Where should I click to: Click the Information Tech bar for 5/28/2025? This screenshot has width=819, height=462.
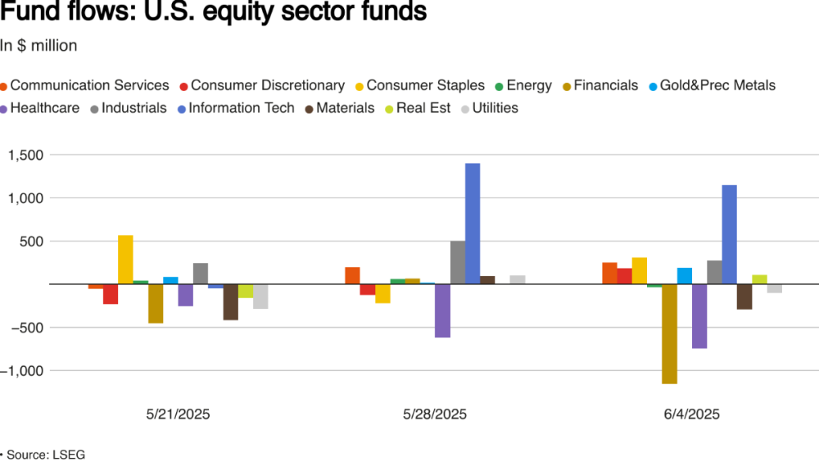pyautogui.click(x=473, y=224)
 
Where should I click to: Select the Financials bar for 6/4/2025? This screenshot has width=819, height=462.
pyautogui.click(x=669, y=333)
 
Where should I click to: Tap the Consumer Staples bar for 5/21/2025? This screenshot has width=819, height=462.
pyautogui.click(x=125, y=260)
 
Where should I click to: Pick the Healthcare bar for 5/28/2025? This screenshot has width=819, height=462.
pyautogui.click(x=442, y=310)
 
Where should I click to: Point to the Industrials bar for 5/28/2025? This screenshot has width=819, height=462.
pyautogui.click(x=458, y=262)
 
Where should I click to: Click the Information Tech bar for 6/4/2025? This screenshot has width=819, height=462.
pyautogui.click(x=729, y=234)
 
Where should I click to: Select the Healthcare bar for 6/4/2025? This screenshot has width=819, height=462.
pyautogui.click(x=699, y=316)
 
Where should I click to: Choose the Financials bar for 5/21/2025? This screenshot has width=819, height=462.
pyautogui.click(x=156, y=303)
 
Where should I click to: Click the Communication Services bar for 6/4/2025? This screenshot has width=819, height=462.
pyautogui.click(x=609, y=274)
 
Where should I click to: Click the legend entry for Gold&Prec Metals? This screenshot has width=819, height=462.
pyautogui.click(x=711, y=85)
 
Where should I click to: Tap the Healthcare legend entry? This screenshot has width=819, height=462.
pyautogui.click(x=43, y=107)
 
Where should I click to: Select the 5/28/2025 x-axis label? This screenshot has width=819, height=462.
pyautogui.click(x=435, y=414)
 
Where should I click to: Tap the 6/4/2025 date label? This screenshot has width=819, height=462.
pyautogui.click(x=692, y=414)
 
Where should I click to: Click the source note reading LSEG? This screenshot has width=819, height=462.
pyautogui.click(x=45, y=454)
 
